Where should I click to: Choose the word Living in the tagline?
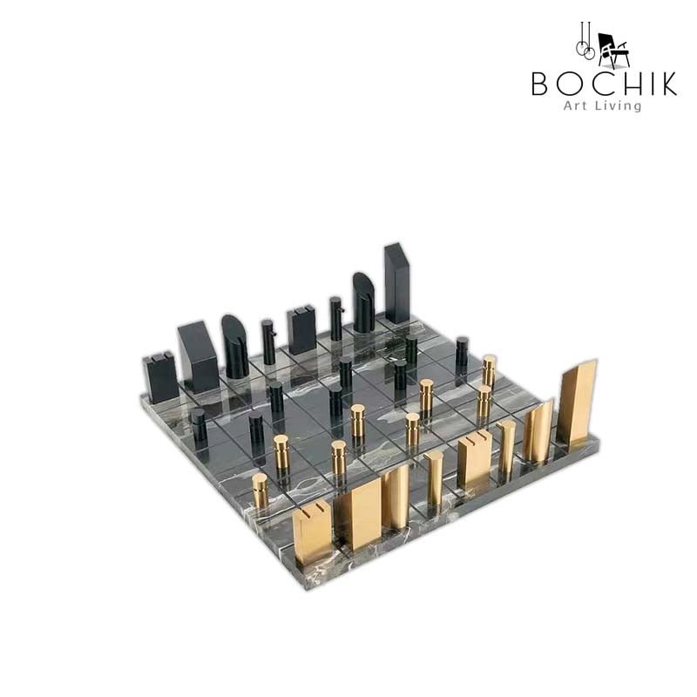tap(619, 106)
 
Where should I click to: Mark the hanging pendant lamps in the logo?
tap(585, 41)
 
